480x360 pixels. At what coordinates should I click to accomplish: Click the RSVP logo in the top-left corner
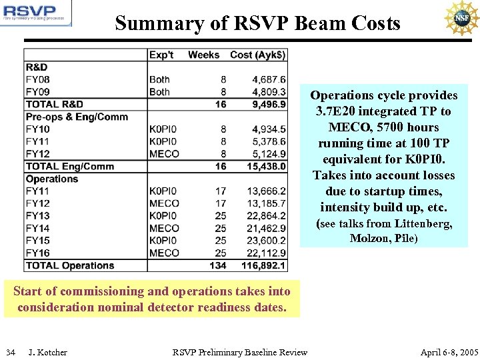click(x=36, y=13)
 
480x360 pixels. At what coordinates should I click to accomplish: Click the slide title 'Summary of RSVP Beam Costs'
click(x=257, y=23)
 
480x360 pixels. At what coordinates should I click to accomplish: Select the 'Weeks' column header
click(x=203, y=54)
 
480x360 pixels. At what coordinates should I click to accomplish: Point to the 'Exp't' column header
click(x=161, y=54)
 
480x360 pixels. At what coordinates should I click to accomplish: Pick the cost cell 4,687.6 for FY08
click(x=269, y=79)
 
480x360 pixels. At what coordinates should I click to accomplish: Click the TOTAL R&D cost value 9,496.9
click(x=269, y=104)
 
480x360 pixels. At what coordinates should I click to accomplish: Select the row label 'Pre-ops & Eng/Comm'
click(x=77, y=117)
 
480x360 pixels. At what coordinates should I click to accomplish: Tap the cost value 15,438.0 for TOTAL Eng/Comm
click(x=267, y=166)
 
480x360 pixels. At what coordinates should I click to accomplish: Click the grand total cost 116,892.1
click(x=265, y=265)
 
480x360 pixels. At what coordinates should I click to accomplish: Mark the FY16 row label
click(x=37, y=253)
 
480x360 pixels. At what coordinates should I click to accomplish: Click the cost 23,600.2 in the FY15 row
click(x=267, y=241)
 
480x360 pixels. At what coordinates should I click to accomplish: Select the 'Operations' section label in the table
click(x=52, y=179)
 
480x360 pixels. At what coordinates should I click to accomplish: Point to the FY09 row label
click(x=37, y=92)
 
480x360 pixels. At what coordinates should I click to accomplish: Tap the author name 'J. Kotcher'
click(x=48, y=352)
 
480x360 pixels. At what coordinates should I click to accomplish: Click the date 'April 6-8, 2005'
click(x=449, y=352)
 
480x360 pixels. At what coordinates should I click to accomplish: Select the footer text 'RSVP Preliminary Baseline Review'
click(x=240, y=352)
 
